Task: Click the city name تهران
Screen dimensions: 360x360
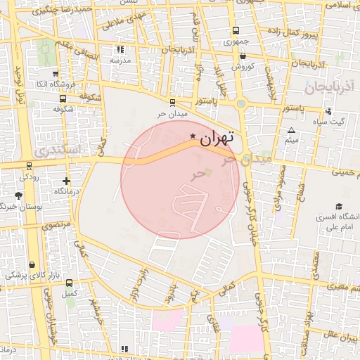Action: coord(216,138)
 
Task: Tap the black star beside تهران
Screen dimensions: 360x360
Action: coord(193,135)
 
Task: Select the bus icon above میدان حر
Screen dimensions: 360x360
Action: coord(172,101)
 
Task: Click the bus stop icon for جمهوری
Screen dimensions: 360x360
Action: coord(235,31)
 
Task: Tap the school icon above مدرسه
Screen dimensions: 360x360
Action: coord(120,50)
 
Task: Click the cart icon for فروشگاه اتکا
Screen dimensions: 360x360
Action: coord(55,73)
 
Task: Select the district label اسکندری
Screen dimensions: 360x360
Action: coord(56,150)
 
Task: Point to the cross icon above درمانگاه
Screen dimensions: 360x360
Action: coord(66,181)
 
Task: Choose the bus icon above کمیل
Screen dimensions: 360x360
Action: coord(69,283)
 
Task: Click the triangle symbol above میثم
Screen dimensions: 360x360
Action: coord(292,130)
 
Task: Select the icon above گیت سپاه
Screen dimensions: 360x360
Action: coord(328,111)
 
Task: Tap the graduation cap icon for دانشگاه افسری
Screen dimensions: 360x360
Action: coord(339,207)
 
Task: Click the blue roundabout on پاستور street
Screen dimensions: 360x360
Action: coord(241,104)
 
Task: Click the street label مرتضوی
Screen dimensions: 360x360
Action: coord(56,226)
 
